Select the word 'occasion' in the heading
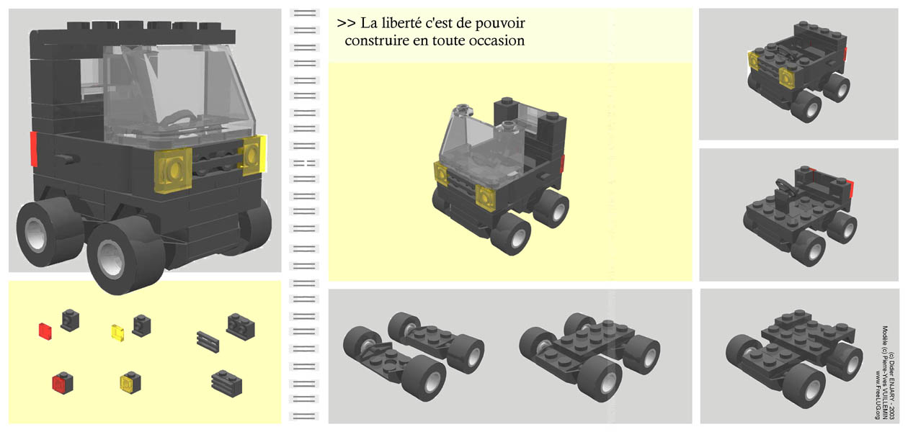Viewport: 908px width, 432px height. pos(494,40)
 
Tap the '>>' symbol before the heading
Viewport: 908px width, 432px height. pos(345,23)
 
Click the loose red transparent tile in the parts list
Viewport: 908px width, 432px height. pos(45,330)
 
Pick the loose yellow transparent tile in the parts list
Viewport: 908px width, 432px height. pos(118,332)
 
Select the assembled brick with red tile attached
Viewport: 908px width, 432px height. pos(63,382)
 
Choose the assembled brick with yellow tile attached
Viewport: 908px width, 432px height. pos(130,382)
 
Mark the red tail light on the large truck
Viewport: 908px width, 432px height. pos(32,148)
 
